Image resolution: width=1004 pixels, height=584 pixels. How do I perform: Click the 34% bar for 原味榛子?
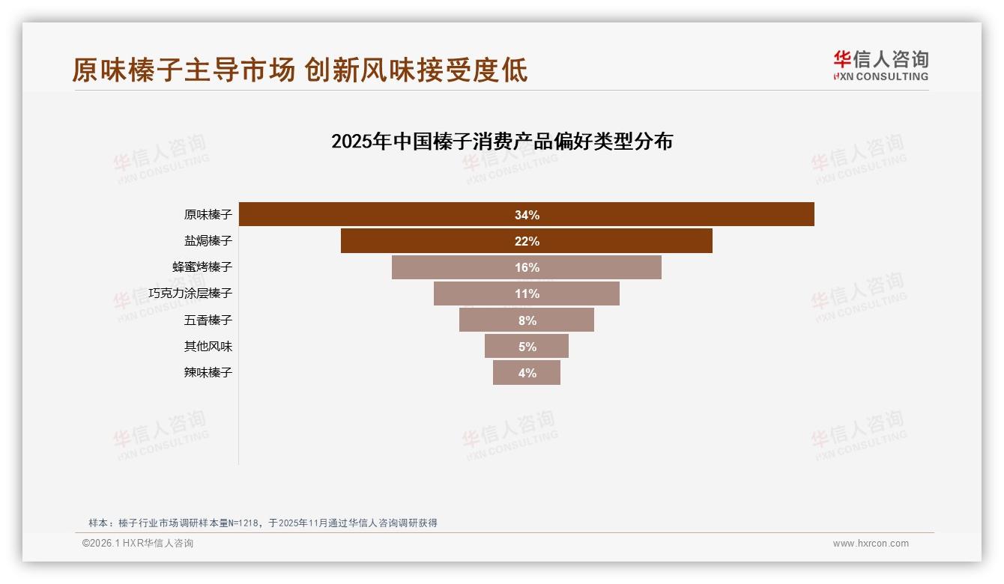coord(526,215)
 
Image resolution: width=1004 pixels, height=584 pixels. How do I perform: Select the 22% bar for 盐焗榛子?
coord(526,241)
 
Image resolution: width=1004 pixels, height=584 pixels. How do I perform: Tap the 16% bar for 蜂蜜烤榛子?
coord(526,267)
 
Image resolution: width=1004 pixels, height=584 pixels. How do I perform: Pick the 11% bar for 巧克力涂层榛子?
coord(526,293)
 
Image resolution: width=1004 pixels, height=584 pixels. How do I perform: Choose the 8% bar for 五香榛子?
coord(526,320)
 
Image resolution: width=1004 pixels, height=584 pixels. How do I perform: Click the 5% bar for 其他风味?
coord(526,347)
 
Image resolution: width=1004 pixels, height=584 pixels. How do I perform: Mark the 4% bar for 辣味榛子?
coord(526,373)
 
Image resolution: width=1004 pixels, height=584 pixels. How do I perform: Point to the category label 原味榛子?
coord(208,215)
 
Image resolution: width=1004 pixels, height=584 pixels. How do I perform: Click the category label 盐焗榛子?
coord(208,241)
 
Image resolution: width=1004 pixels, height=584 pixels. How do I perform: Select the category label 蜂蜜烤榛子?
coord(202,267)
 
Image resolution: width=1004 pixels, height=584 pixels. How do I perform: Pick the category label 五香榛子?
coord(208,320)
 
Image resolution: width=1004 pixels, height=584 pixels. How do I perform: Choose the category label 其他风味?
coord(208,347)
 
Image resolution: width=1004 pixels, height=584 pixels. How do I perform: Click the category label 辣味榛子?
coord(208,373)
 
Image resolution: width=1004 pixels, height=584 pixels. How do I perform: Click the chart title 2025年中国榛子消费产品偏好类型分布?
coord(501,142)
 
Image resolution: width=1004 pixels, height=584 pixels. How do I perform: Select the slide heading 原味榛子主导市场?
coord(184,70)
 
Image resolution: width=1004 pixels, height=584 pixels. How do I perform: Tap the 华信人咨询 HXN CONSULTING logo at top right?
coord(880,66)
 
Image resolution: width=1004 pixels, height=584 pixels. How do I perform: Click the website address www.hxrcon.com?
coord(870,544)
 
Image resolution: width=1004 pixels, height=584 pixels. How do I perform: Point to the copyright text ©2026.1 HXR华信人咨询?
coord(137,544)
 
